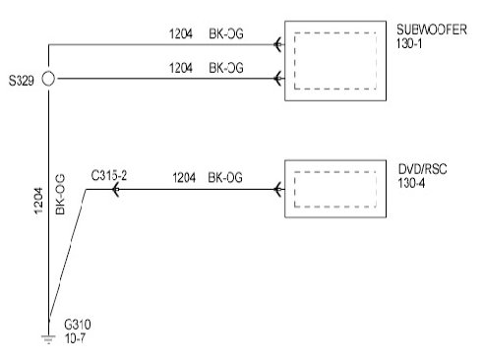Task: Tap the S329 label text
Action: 22,81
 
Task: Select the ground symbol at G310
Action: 48,339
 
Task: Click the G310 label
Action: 78,325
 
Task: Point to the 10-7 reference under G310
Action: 75,338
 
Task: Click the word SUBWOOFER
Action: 432,30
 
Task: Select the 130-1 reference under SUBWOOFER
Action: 409,43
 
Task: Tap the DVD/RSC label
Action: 422,169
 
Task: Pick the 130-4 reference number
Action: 411,183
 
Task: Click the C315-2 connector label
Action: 109,176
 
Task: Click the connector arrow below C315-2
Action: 115,189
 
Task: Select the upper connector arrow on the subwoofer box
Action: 277,44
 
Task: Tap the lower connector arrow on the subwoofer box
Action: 277,79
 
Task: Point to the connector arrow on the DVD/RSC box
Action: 277,189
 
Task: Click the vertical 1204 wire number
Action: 38,201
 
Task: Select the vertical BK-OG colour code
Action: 60,195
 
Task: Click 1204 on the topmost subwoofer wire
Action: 181,33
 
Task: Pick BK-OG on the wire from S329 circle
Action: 226,68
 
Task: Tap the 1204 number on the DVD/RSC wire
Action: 184,178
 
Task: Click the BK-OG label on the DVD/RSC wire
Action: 225,178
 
